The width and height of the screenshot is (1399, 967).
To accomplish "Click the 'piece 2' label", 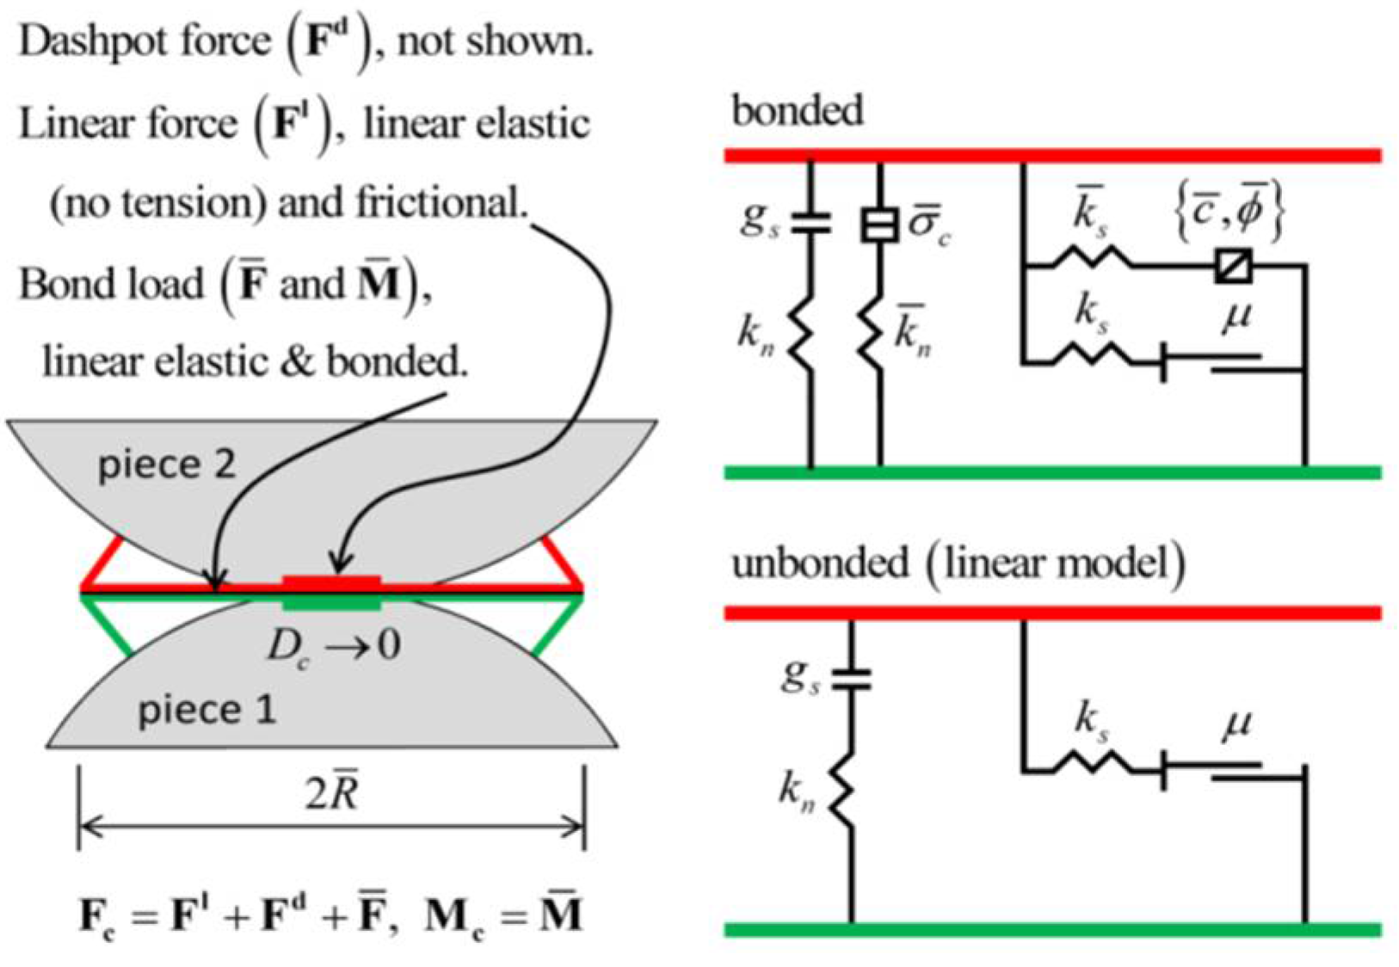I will point(166,465).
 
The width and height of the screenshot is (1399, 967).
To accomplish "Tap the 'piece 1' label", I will point(206,711).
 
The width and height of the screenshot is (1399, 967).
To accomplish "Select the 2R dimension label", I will point(331,792).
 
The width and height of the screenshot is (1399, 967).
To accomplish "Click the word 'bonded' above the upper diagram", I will point(797,111).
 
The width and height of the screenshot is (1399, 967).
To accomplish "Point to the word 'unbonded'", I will point(819,564).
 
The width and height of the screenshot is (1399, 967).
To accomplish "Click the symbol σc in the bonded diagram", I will point(929,225).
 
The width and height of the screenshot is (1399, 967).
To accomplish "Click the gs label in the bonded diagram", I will point(759,219).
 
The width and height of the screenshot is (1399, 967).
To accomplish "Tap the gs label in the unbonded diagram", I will point(800,676).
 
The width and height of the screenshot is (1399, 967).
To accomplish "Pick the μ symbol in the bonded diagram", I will point(1236,317).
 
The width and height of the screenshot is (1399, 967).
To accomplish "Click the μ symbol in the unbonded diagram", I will point(1236,724).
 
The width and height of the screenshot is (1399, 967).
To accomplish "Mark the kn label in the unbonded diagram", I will point(797,790).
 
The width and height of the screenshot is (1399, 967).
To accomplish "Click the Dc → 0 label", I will point(332,645).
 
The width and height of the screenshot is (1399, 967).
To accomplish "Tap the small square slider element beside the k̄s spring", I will point(1234,266).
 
